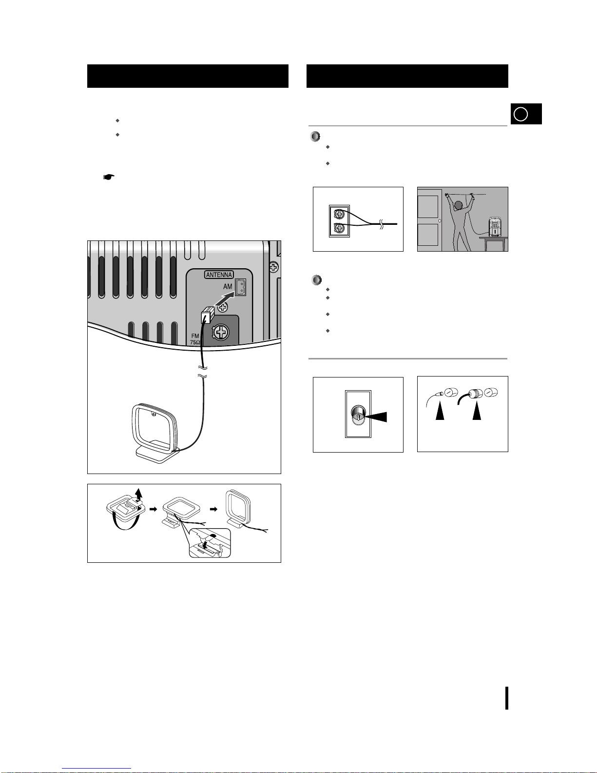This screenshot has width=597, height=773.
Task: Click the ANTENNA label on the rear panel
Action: point(219,275)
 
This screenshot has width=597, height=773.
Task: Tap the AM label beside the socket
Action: point(228,286)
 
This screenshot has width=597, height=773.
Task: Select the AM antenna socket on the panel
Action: point(241,287)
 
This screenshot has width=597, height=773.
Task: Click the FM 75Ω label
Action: point(195,339)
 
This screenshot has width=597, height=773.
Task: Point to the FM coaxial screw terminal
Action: point(221,333)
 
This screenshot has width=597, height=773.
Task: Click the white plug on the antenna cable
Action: point(208,315)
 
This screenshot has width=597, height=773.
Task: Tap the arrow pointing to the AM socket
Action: point(225,298)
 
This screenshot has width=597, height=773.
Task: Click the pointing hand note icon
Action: point(108,177)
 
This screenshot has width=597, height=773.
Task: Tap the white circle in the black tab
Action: point(520,114)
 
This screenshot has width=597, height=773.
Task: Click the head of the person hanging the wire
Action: point(459,205)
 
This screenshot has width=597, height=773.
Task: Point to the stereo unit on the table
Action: point(495,227)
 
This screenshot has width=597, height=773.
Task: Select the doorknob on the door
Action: point(440,221)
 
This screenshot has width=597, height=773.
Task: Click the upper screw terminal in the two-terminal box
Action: point(339,214)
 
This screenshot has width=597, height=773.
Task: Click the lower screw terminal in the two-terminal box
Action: point(339,228)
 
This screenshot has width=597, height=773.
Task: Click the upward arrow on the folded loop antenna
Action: point(138,495)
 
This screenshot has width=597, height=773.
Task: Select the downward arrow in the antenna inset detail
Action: point(205,545)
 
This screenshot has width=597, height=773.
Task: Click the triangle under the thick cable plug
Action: point(477,412)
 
